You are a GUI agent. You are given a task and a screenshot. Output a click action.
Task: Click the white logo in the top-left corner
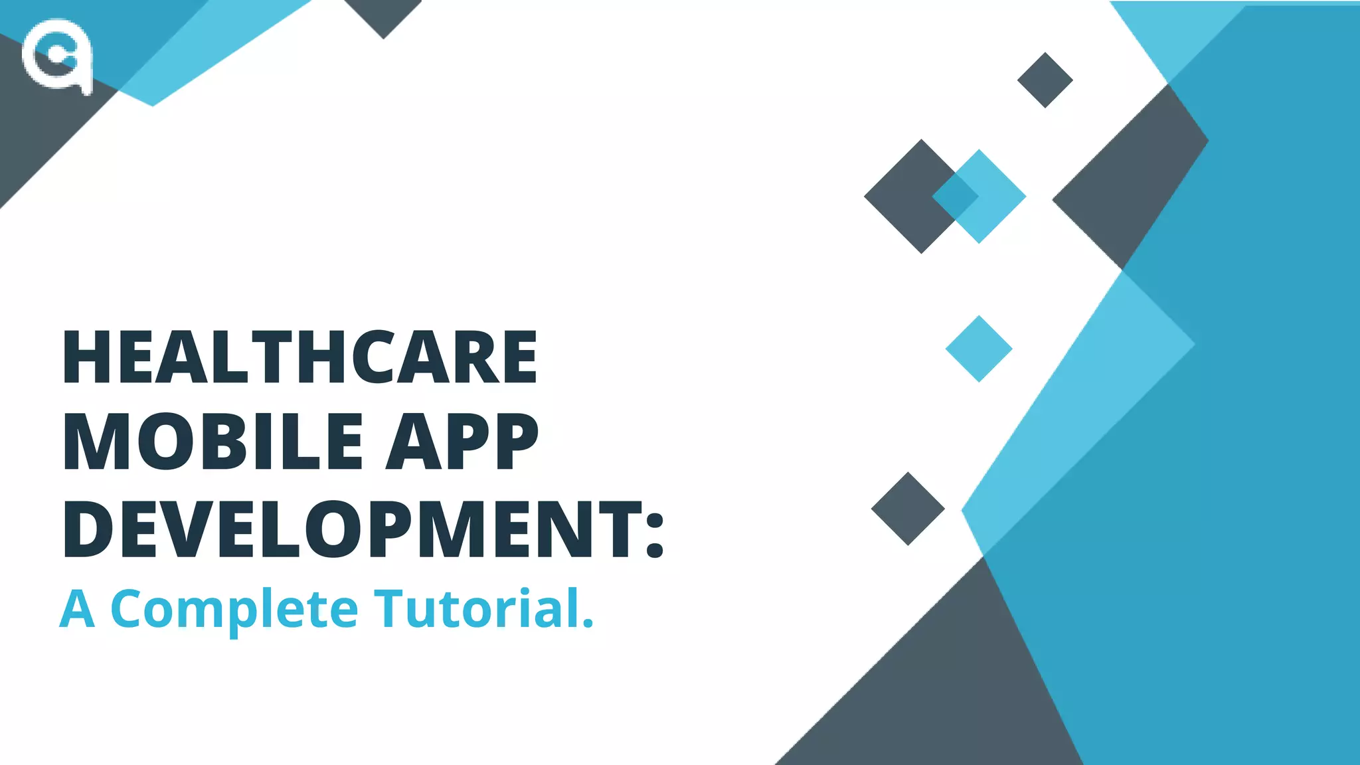pyautogui.click(x=57, y=56)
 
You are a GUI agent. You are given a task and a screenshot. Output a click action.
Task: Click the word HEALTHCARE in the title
pyautogui.click(x=299, y=357)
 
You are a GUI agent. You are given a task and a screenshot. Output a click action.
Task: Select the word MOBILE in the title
pyautogui.click(x=213, y=441)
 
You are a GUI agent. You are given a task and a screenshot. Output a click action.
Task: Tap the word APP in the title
pyautogui.click(x=462, y=441)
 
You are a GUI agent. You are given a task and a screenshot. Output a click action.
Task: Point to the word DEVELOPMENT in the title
pyautogui.click(x=345, y=529)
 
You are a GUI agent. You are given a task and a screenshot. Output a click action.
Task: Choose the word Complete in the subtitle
pyautogui.click(x=234, y=608)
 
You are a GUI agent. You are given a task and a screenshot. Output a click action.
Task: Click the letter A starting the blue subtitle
pyautogui.click(x=77, y=608)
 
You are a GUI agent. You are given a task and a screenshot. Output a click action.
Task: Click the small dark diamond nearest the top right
pyautogui.click(x=1045, y=80)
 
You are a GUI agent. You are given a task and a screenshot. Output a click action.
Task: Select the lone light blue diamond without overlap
pyautogui.click(x=978, y=349)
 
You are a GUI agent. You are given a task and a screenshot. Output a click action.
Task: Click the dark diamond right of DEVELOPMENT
pyautogui.click(x=908, y=509)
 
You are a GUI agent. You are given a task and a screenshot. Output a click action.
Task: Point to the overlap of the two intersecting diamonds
pyautogui.click(x=955, y=196)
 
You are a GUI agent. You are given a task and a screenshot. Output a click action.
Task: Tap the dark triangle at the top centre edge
pyautogui.click(x=383, y=15)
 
